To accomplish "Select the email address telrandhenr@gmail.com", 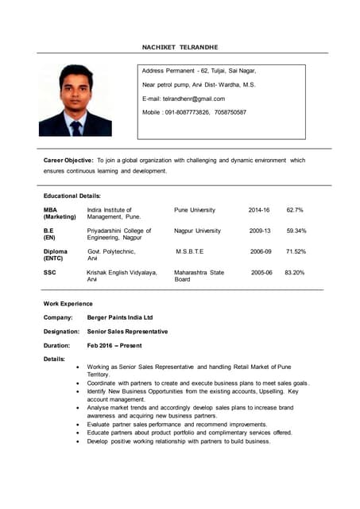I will coord(194,99).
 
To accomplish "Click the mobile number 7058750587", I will coord(230,112).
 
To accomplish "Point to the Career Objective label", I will coord(68,160).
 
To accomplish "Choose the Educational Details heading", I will coord(72,196).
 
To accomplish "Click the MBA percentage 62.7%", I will coord(295,210).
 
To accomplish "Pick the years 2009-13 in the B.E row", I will coord(259,231).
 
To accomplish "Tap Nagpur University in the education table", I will coord(197,231).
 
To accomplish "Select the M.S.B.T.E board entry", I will coord(190,251).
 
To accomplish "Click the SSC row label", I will coord(49,272).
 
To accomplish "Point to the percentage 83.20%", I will coord(294,272).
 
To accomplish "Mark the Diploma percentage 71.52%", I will coord(296,251).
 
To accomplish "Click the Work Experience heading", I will coord(68,303).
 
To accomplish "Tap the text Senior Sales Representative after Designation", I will coord(127,331).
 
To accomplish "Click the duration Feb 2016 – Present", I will coord(114,345).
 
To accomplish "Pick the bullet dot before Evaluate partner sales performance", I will coord(77,425).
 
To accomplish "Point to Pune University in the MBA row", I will coord(195,210).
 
